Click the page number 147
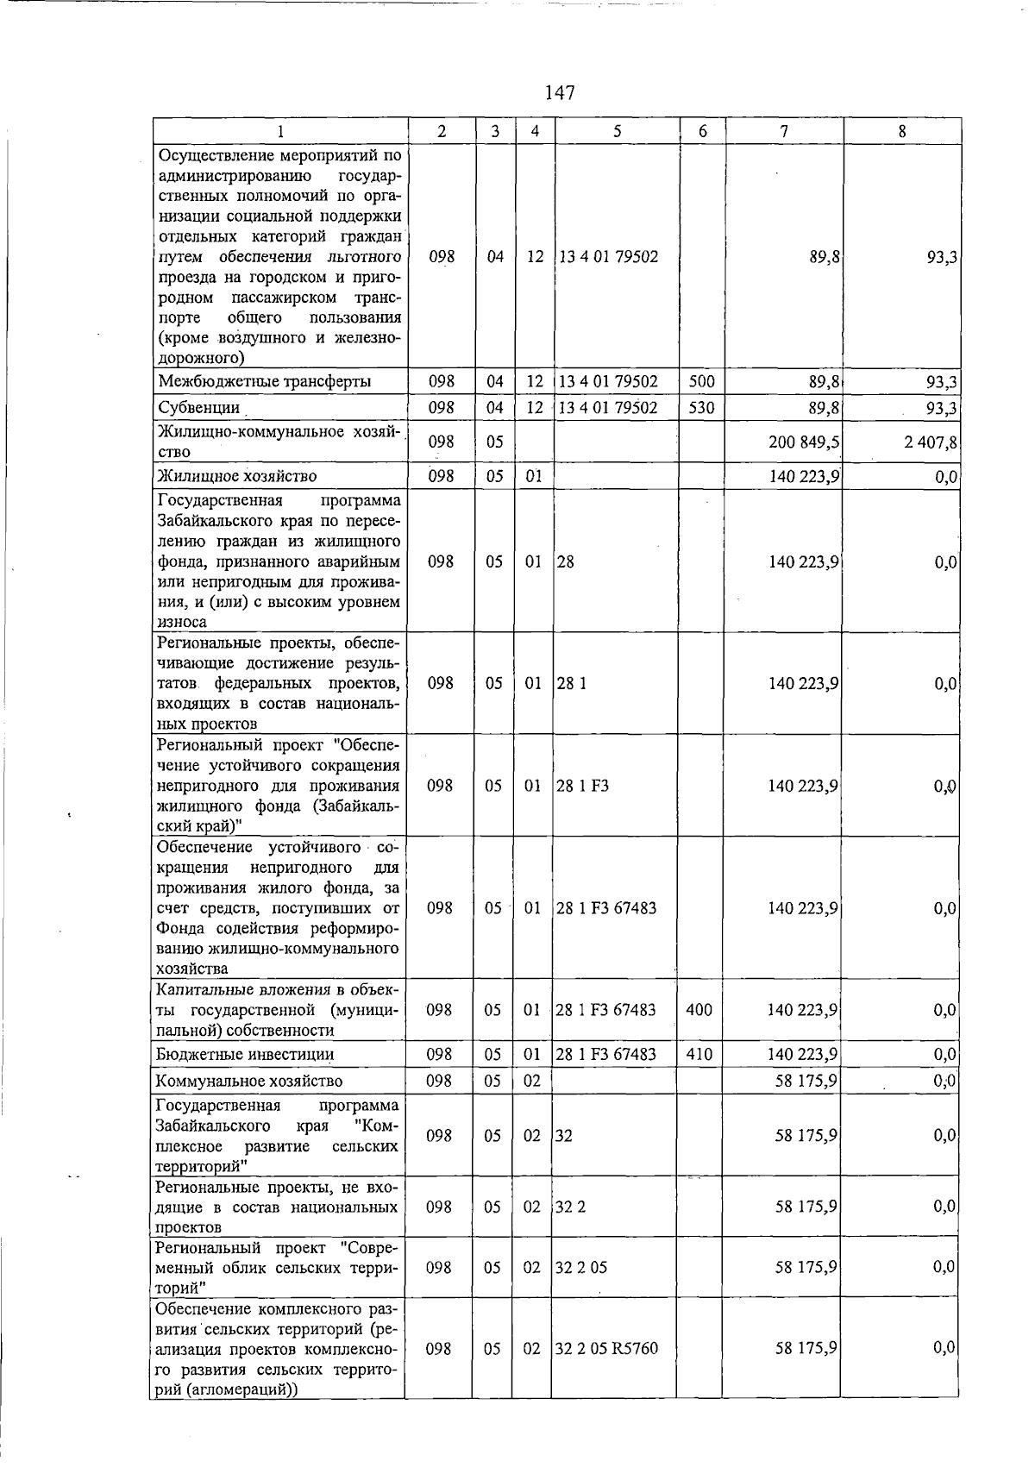[x=560, y=92]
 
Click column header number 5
[x=618, y=131]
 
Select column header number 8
[x=901, y=131]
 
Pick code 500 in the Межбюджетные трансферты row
[x=702, y=381]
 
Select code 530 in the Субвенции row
[x=702, y=407]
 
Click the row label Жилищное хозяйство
[x=237, y=476]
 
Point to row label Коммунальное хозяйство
[x=249, y=1081]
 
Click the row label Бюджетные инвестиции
[x=245, y=1054]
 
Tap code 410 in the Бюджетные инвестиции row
[x=699, y=1054]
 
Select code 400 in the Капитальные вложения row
[x=699, y=1009]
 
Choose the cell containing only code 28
[x=565, y=561]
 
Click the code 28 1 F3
[x=582, y=786]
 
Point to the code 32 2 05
[x=581, y=1267]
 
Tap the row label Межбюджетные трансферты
[x=264, y=381]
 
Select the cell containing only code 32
[x=563, y=1136]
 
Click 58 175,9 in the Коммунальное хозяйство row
[x=806, y=1081]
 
